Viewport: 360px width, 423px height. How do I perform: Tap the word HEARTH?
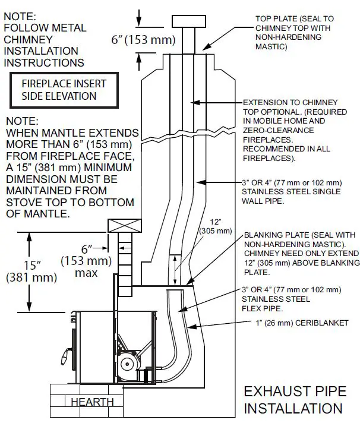point(92,402)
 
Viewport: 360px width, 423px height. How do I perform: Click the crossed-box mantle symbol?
point(124,226)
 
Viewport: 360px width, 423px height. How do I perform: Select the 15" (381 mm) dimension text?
point(31,270)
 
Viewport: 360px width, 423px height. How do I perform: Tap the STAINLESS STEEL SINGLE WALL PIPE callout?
point(292,191)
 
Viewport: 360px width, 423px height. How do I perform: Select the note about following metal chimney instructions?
point(45,39)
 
